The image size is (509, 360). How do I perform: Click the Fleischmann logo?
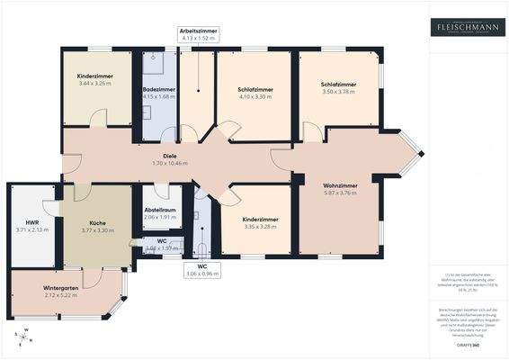[467, 27]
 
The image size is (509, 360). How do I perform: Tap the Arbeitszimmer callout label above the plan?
[199, 34]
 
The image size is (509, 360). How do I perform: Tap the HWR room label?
[32, 225]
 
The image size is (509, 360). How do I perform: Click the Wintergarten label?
[61, 292]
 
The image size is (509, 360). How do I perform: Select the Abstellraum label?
[158, 213]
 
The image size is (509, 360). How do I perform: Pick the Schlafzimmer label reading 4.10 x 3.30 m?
[255, 93]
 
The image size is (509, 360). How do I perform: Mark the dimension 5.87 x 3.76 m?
[340, 193]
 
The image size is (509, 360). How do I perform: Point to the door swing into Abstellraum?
[162, 191]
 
